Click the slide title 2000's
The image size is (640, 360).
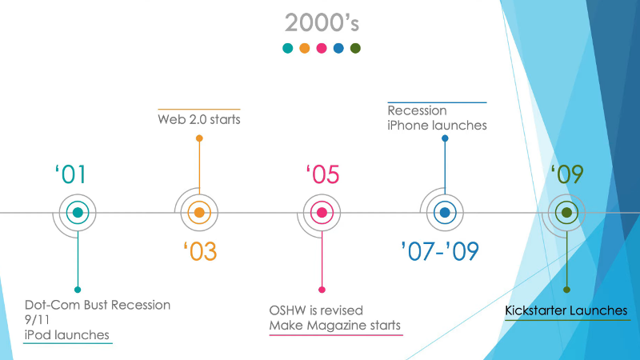322,22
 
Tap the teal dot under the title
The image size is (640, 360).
288,48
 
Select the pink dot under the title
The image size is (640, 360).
322,48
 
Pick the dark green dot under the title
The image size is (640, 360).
355,48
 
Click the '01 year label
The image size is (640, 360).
70,174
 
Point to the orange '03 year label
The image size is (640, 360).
200,251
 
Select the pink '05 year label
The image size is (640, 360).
322,174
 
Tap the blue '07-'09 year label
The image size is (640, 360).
440,251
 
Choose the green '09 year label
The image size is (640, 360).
567,174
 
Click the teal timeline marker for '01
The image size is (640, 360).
78,213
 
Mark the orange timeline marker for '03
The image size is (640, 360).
199,213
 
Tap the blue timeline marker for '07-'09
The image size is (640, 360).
445,213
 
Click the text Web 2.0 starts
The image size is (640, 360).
199,119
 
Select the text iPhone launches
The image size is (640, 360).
437,126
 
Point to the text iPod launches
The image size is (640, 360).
67,334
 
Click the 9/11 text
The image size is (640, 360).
37,319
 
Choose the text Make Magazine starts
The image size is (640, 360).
335,326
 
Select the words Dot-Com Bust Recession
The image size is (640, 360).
98,305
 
